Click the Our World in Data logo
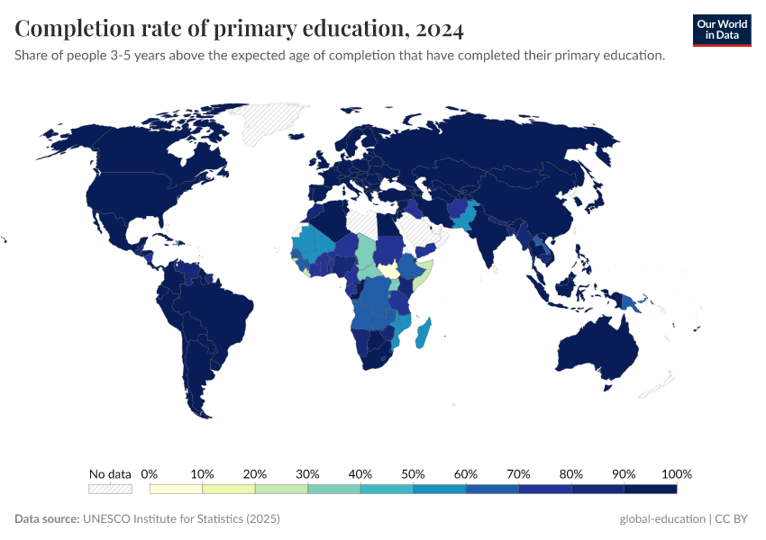click(721, 30)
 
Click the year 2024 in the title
click(440, 30)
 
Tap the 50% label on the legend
click(413, 474)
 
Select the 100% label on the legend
click(676, 474)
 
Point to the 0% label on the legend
click(150, 474)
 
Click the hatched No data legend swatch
click(110, 489)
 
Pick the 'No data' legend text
click(110, 474)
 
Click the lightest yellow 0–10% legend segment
click(176, 489)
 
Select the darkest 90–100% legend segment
click(650, 489)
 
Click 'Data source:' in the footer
click(47, 519)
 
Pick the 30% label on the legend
click(307, 474)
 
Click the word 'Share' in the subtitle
click(32, 56)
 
